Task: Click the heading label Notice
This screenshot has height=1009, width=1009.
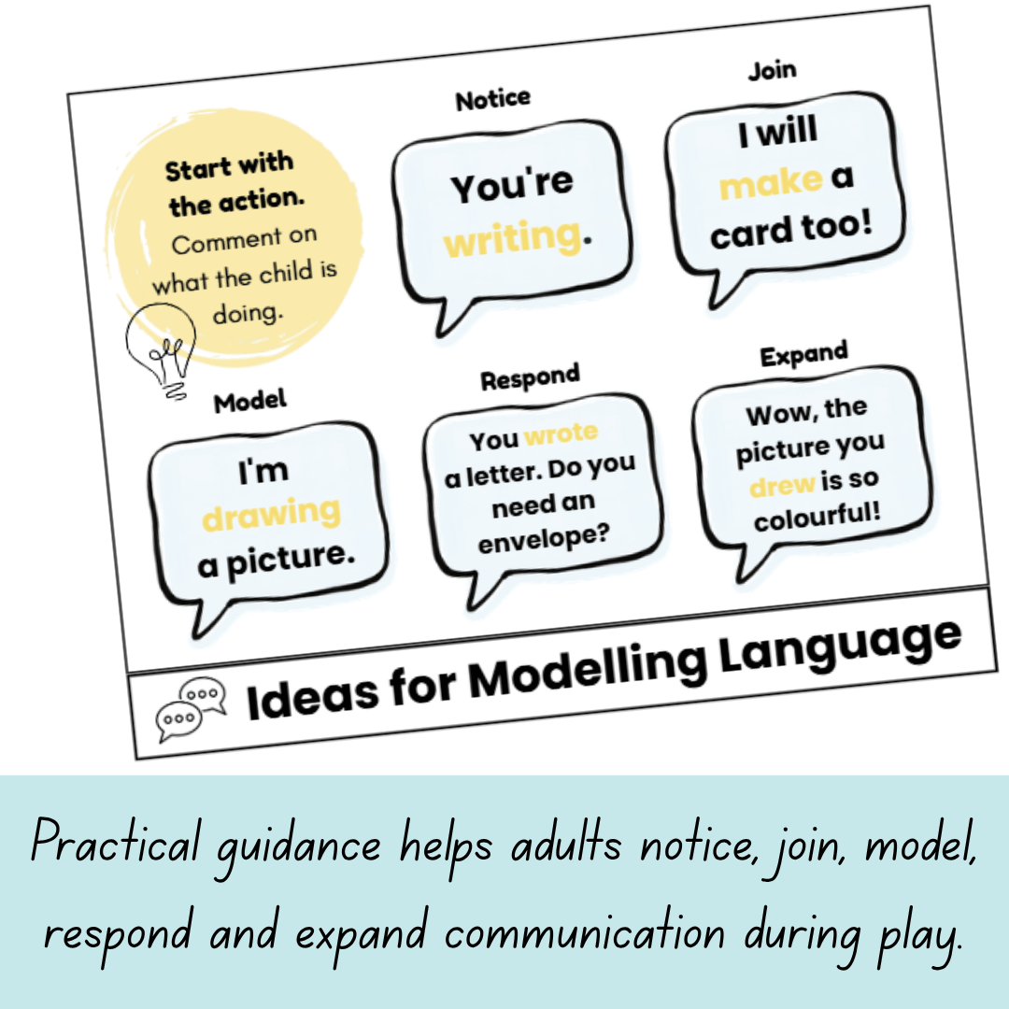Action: coord(493,99)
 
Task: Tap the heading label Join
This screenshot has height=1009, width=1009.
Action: coord(773,70)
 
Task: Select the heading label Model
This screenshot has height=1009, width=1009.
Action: coord(250,402)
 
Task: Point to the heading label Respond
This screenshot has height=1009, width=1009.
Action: coord(531,377)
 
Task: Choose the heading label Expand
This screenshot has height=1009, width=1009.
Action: coord(803,354)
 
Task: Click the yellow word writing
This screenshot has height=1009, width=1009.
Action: coord(513,237)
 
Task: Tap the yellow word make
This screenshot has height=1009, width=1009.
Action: coord(771,183)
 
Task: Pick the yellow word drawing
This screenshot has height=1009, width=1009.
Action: coord(272,514)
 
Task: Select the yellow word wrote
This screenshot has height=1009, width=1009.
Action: coord(561,433)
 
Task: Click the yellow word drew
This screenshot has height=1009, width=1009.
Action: coord(782,485)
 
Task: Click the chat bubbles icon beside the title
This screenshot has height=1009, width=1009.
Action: coord(192,708)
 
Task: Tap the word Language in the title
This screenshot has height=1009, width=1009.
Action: coord(840,649)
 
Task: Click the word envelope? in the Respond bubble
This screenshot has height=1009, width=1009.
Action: coord(544,539)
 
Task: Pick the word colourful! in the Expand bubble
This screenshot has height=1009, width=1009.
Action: coord(817,517)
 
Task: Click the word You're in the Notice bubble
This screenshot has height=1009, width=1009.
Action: coord(512,185)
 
